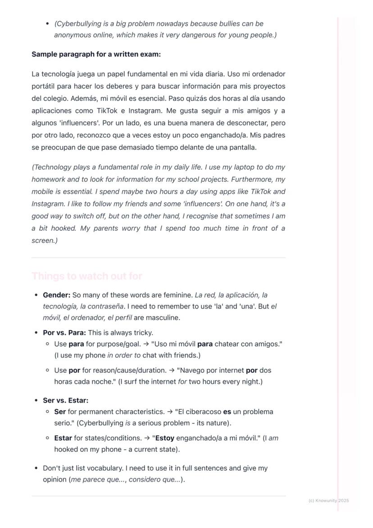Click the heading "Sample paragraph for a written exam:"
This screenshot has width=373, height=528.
96,55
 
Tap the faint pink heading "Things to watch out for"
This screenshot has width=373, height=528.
87,276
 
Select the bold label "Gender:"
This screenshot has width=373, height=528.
56,295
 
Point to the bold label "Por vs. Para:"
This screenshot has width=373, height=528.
64,333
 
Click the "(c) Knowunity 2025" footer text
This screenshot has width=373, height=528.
329,500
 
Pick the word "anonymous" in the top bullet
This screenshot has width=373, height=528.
71,35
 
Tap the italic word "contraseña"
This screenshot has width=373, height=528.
107,307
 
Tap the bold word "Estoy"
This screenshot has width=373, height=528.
164,438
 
